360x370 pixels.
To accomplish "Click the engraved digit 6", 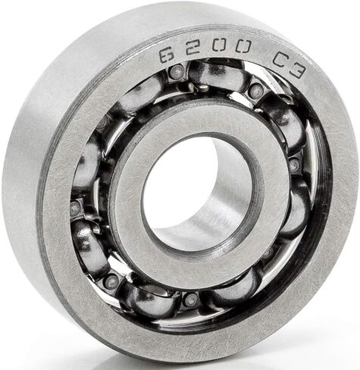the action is click(167, 55).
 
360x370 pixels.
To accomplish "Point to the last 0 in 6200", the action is click(243, 47).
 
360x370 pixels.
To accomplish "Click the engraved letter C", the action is click(280, 60).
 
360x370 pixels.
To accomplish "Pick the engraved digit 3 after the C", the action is click(298, 71).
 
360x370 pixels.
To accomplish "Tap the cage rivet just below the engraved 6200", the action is click(177, 71).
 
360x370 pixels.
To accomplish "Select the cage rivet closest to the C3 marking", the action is click(256, 89).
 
